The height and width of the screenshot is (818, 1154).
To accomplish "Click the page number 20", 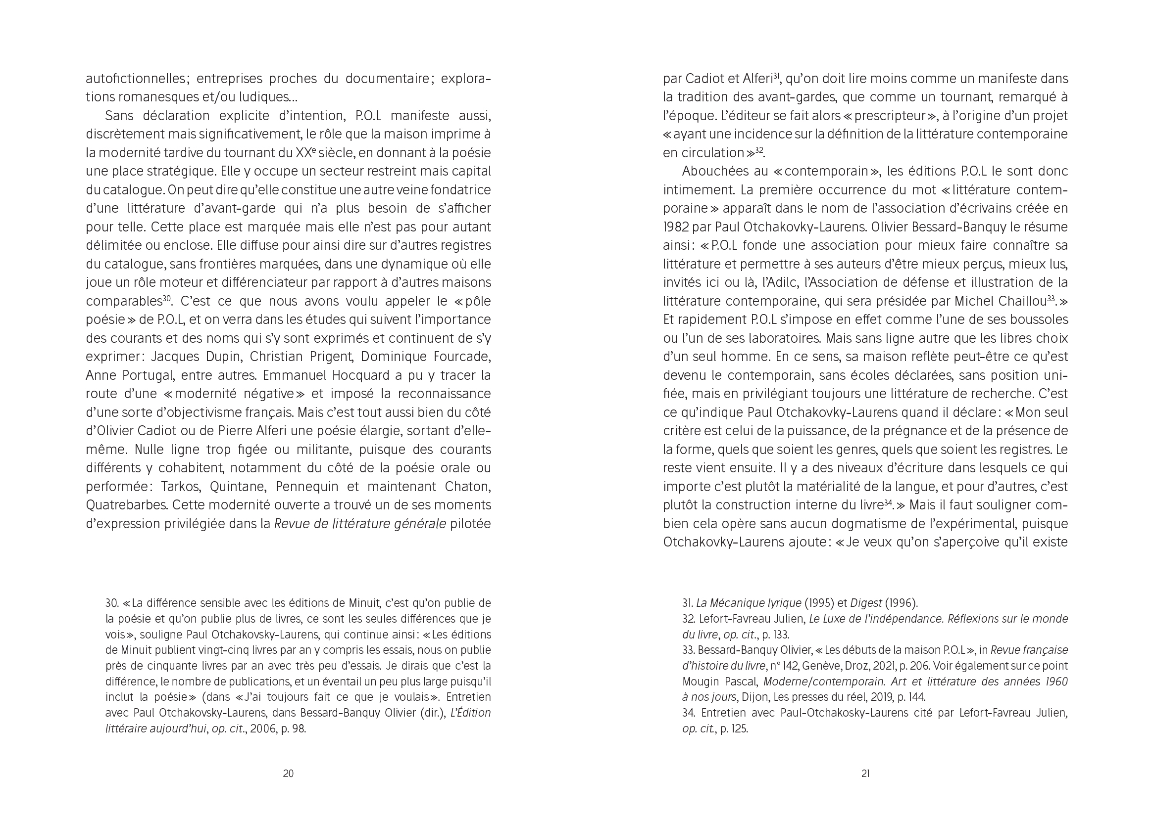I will (x=288, y=773).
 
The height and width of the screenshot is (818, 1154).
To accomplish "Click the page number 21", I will (x=865, y=773).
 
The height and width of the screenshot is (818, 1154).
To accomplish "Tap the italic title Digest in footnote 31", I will (x=866, y=603).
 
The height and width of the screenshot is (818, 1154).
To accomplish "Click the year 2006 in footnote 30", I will (x=263, y=729).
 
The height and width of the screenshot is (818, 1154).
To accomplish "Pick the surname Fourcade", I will (x=462, y=357).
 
